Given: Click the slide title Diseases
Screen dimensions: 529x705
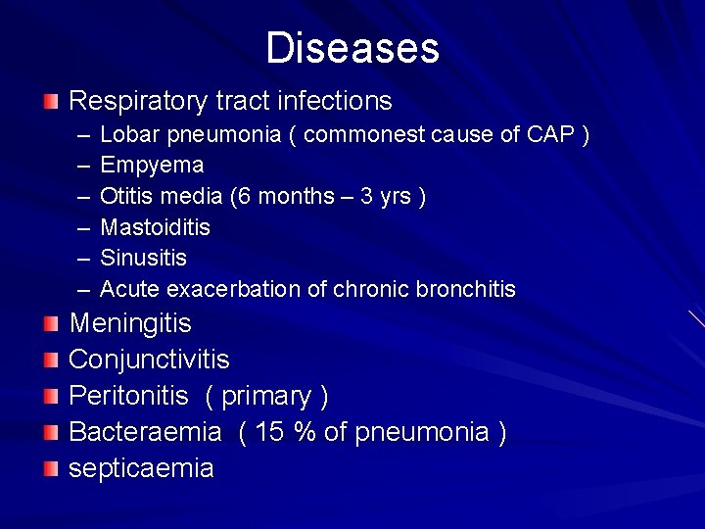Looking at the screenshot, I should tap(352, 48).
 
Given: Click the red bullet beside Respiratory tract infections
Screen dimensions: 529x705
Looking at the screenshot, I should tap(51, 101).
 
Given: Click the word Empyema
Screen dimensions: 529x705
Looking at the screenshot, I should tap(152, 165).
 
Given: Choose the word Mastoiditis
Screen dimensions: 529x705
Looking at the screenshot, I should tap(156, 227).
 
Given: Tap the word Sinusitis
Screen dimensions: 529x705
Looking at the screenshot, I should tap(144, 258).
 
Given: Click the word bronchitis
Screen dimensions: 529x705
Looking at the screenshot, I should tap(466, 289).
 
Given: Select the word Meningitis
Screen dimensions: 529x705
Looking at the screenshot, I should tap(130, 323).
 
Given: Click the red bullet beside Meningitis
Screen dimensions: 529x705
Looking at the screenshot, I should tap(51, 323).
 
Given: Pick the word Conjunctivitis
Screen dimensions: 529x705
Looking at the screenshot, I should tap(149, 360).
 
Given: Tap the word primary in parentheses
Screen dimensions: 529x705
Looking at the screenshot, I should tap(266, 396).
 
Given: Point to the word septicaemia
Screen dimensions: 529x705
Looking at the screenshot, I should tap(141, 468).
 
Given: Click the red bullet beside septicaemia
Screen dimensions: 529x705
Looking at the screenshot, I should tap(51, 468).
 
